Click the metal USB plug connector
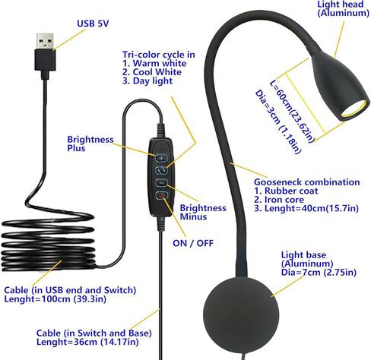pyautogui.click(x=45, y=42)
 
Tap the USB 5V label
pyautogui.click(x=93, y=24)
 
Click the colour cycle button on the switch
pyautogui.click(x=161, y=170)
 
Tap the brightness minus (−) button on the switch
pyautogui.click(x=161, y=182)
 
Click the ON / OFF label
pyautogui.click(x=193, y=243)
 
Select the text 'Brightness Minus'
pyautogui.click(x=203, y=212)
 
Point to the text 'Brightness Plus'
pyautogui.click(x=90, y=144)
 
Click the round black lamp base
pyautogui.click(x=241, y=314)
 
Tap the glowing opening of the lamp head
pyautogui.click(x=354, y=109)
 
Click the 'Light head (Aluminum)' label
pyautogui.click(x=344, y=8)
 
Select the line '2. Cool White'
pyautogui.click(x=152, y=72)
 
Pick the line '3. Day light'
pyautogui.click(x=147, y=81)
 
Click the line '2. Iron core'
pyautogui.click(x=279, y=200)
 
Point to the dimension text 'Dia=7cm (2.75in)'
pyautogui.click(x=319, y=273)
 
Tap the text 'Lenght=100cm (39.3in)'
pyautogui.click(x=55, y=299)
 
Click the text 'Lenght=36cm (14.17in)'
pyautogui.click(x=87, y=342)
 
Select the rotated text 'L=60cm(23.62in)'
pyautogui.click(x=292, y=112)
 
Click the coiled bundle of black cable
pyautogui.click(x=48, y=243)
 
